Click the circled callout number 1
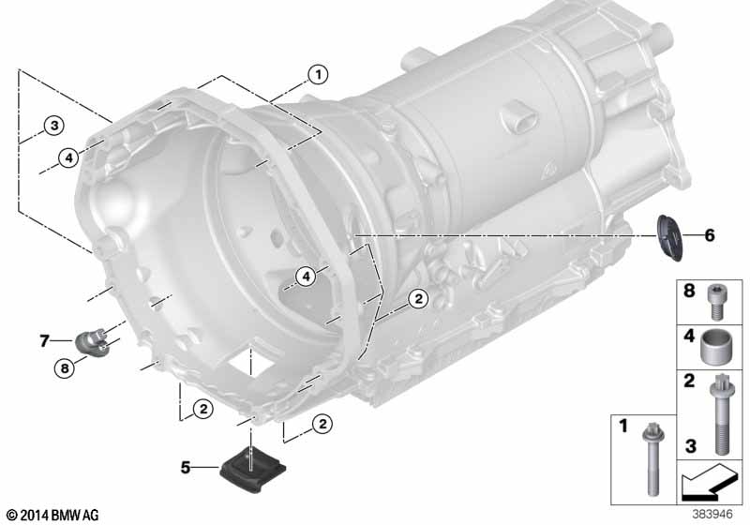(318, 75)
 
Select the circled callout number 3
(54, 126)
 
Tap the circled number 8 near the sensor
(65, 368)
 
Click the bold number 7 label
(44, 340)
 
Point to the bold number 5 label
(186, 467)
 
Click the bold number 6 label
(710, 235)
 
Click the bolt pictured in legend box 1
(652, 458)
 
